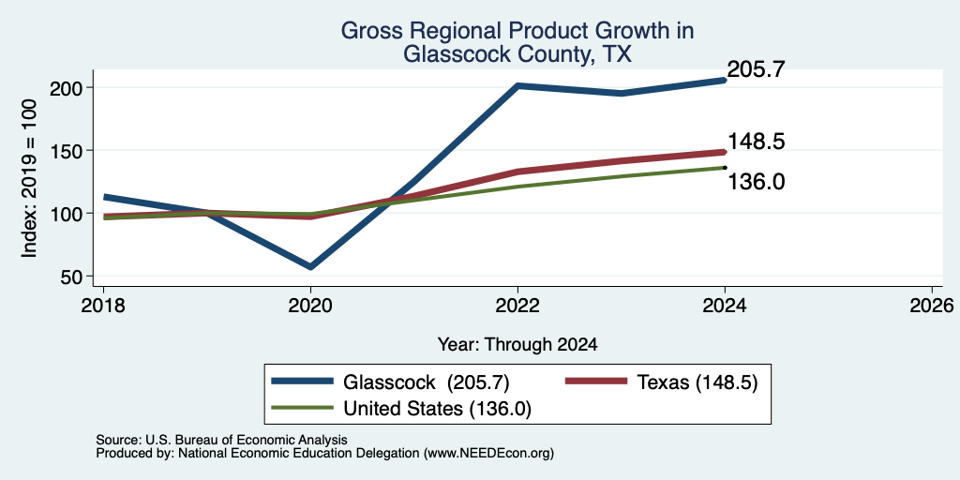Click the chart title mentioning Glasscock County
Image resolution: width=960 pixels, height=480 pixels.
pyautogui.click(x=517, y=42)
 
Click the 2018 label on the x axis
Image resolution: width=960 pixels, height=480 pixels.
pyautogui.click(x=103, y=306)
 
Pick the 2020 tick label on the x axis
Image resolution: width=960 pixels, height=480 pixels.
pyautogui.click(x=310, y=306)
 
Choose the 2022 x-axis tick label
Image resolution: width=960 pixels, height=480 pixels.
pyautogui.click(x=517, y=306)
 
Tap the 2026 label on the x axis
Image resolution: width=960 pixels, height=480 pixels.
pyautogui.click(x=932, y=306)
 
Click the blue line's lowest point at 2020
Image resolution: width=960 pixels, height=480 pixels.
pyautogui.click(x=310, y=267)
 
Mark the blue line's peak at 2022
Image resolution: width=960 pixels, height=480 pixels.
pyautogui.click(x=517, y=85)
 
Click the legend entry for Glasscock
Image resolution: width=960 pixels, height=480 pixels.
pyautogui.click(x=391, y=382)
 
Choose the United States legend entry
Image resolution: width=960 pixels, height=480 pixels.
pyautogui.click(x=401, y=409)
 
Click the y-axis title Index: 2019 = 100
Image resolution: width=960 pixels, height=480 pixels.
pyautogui.click(x=29, y=178)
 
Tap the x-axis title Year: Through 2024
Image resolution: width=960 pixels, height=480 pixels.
pyautogui.click(x=517, y=345)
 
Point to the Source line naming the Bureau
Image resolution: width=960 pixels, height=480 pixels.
pyautogui.click(x=221, y=440)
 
